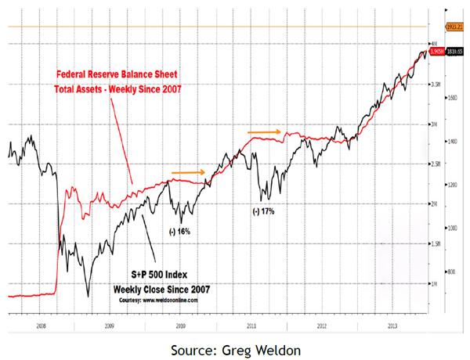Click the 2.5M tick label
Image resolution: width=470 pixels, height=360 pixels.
pos(437,164)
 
